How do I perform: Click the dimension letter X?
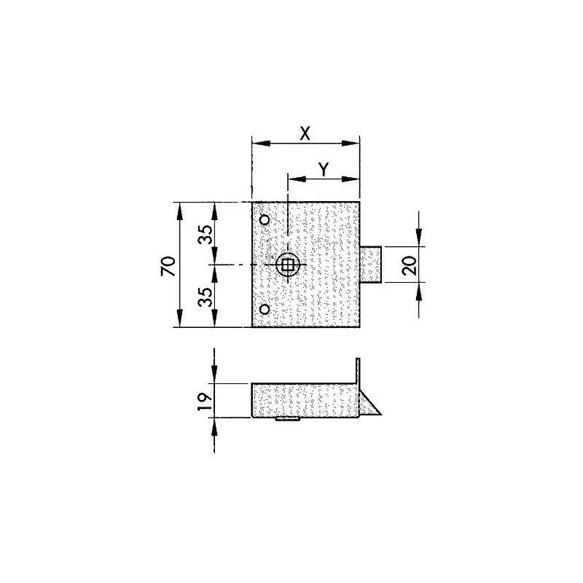click(305, 133)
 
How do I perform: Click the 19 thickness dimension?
click(206, 400)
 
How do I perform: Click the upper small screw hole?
click(265, 220)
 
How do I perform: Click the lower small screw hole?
click(265, 310)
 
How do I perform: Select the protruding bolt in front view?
click(372, 265)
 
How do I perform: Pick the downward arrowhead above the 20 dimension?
click(419, 241)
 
